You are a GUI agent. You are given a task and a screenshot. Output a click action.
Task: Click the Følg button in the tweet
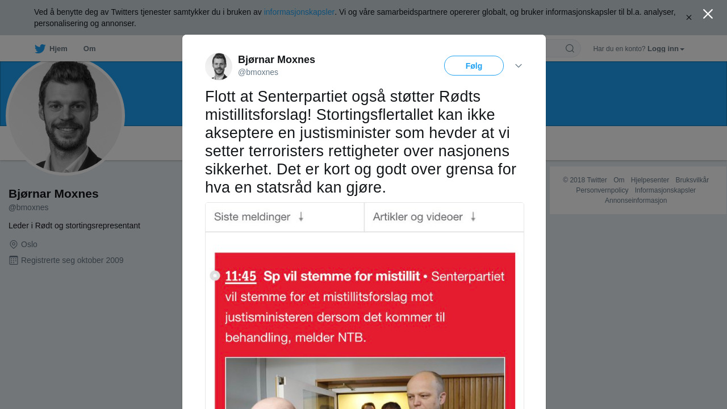474,66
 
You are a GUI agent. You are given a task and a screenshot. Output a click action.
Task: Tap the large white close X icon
708,14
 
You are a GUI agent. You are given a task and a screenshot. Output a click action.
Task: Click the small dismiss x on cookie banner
689,18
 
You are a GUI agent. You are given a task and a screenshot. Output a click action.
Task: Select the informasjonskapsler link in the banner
299,12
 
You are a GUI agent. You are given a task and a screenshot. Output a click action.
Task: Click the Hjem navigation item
51,49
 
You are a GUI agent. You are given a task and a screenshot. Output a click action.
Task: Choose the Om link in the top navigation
89,49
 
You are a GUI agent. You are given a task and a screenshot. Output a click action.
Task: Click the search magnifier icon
570,49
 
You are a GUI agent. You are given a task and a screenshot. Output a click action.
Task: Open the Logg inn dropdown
666,49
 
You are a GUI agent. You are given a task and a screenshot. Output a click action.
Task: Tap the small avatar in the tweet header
219,66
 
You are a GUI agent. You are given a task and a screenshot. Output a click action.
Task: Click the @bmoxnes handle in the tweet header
258,72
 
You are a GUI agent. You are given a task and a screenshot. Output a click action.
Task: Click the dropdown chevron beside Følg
519,66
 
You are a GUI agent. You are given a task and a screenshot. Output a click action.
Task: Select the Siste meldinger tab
260,217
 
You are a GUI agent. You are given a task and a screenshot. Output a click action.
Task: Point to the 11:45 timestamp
241,277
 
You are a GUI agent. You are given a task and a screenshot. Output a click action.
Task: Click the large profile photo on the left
65,116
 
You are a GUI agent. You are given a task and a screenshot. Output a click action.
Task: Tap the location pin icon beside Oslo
14,244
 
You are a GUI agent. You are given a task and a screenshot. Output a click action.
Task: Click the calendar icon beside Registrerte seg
14,260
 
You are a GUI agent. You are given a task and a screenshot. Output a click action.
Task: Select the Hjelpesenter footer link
650,180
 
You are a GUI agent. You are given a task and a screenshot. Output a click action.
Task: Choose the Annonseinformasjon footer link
636,201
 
